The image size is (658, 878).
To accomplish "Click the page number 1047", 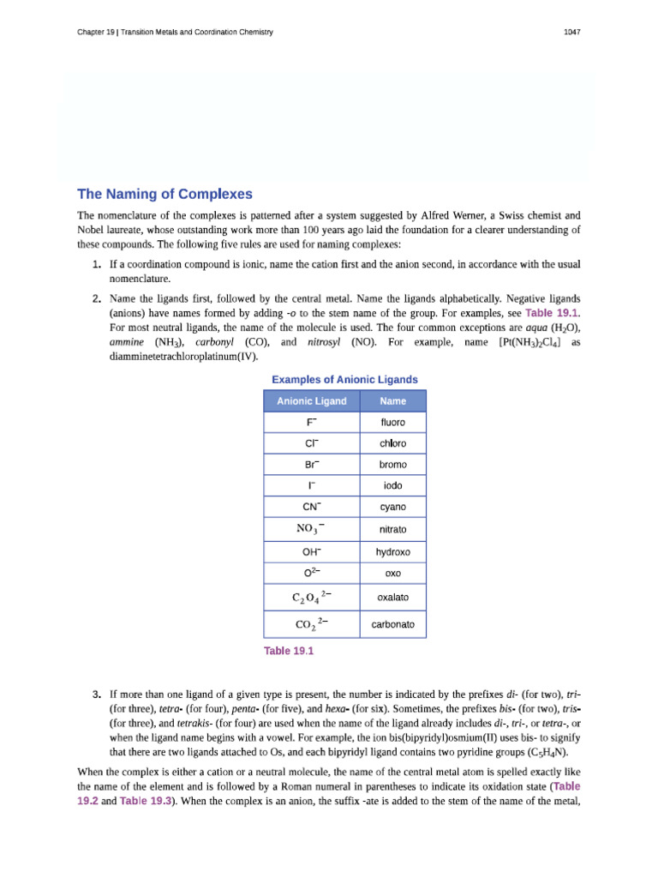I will tap(572, 33).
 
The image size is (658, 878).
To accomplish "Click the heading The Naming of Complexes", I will tap(164, 194).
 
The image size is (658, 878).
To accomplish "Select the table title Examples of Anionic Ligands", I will tap(344, 379).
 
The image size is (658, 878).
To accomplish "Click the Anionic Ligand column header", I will tap(311, 401).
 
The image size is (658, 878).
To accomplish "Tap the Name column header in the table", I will tap(392, 401).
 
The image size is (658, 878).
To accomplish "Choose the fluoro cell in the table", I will tap(392, 423).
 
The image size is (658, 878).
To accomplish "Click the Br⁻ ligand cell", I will tap(311, 465).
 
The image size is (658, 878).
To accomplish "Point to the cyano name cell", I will tap(392, 507).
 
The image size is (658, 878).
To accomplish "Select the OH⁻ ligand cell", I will tap(311, 552).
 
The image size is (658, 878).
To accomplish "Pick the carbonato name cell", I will tap(392, 625).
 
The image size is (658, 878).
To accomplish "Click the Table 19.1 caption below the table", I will tap(289, 651).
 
